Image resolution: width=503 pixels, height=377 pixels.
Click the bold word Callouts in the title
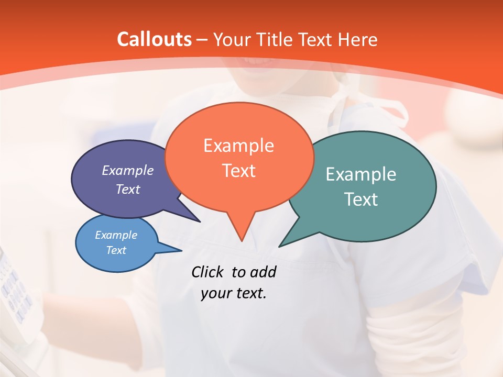pyautogui.click(x=154, y=39)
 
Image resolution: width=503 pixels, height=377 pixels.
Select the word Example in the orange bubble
pyautogui.click(x=238, y=146)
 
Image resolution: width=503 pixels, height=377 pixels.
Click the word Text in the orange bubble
pyautogui.click(x=238, y=171)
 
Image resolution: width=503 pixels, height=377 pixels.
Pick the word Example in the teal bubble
pyautogui.click(x=361, y=174)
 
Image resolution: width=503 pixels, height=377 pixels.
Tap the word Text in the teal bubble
pyautogui.click(x=361, y=199)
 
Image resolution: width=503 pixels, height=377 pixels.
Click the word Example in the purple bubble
pyautogui.click(x=127, y=171)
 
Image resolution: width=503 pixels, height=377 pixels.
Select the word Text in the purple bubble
pyautogui.click(x=127, y=190)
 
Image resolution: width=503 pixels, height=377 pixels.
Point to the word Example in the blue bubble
pyautogui.click(x=116, y=235)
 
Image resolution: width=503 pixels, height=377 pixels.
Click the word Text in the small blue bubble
pyautogui.click(x=116, y=250)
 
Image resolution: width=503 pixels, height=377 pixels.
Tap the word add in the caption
pyautogui.click(x=263, y=272)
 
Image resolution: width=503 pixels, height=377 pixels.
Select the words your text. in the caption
pyautogui.click(x=233, y=293)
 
